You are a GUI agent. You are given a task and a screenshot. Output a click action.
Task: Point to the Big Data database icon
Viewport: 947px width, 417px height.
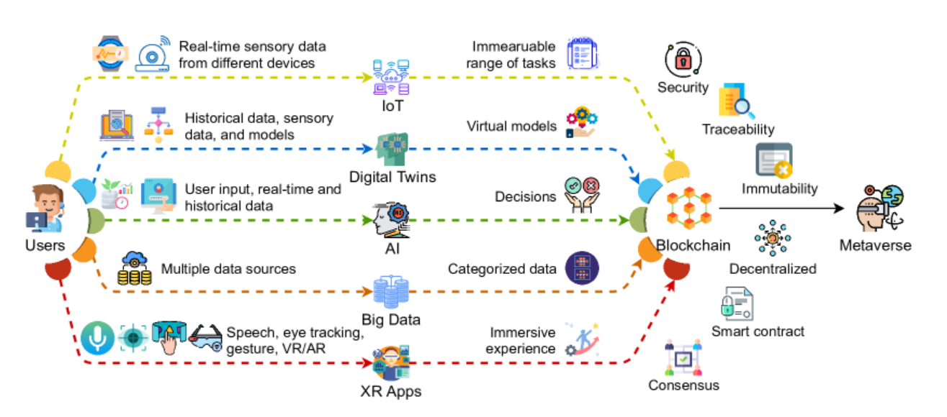(391, 290)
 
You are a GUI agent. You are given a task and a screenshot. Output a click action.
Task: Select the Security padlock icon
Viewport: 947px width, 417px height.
(682, 59)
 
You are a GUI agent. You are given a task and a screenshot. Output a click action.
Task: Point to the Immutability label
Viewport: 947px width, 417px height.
(780, 188)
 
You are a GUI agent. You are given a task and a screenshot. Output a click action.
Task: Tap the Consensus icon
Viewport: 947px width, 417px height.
(683, 359)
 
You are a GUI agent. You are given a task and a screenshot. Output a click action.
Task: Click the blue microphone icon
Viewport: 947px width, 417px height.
(97, 336)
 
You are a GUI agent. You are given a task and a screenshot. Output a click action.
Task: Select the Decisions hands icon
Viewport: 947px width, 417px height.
(582, 196)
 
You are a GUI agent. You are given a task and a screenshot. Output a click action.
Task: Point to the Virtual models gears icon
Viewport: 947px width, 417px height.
(582, 124)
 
